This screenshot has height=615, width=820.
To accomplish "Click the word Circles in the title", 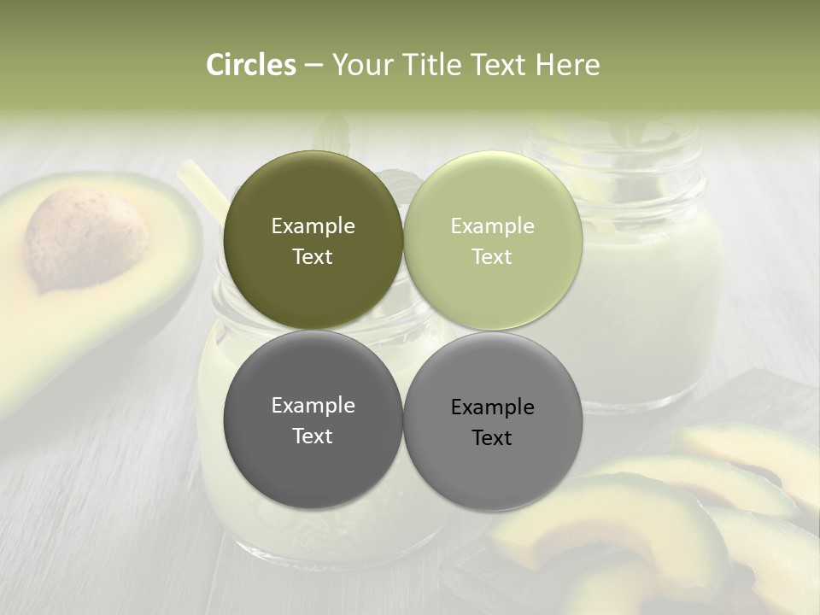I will click(x=251, y=65).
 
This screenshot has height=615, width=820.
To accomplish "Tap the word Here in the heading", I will click(x=567, y=65).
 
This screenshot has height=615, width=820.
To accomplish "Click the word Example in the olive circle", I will click(x=313, y=226).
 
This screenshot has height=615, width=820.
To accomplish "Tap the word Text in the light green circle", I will click(x=492, y=256).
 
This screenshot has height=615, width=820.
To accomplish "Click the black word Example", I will click(x=492, y=407).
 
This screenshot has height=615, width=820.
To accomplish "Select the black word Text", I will click(x=492, y=438).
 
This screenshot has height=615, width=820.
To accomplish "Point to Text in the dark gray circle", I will click(x=313, y=436).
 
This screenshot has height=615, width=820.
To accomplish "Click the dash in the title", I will click(x=313, y=66).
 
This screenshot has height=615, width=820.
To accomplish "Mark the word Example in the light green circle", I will click(x=492, y=226).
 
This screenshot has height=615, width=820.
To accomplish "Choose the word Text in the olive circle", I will click(x=313, y=256).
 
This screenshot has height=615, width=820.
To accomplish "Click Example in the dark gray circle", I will click(x=313, y=406).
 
